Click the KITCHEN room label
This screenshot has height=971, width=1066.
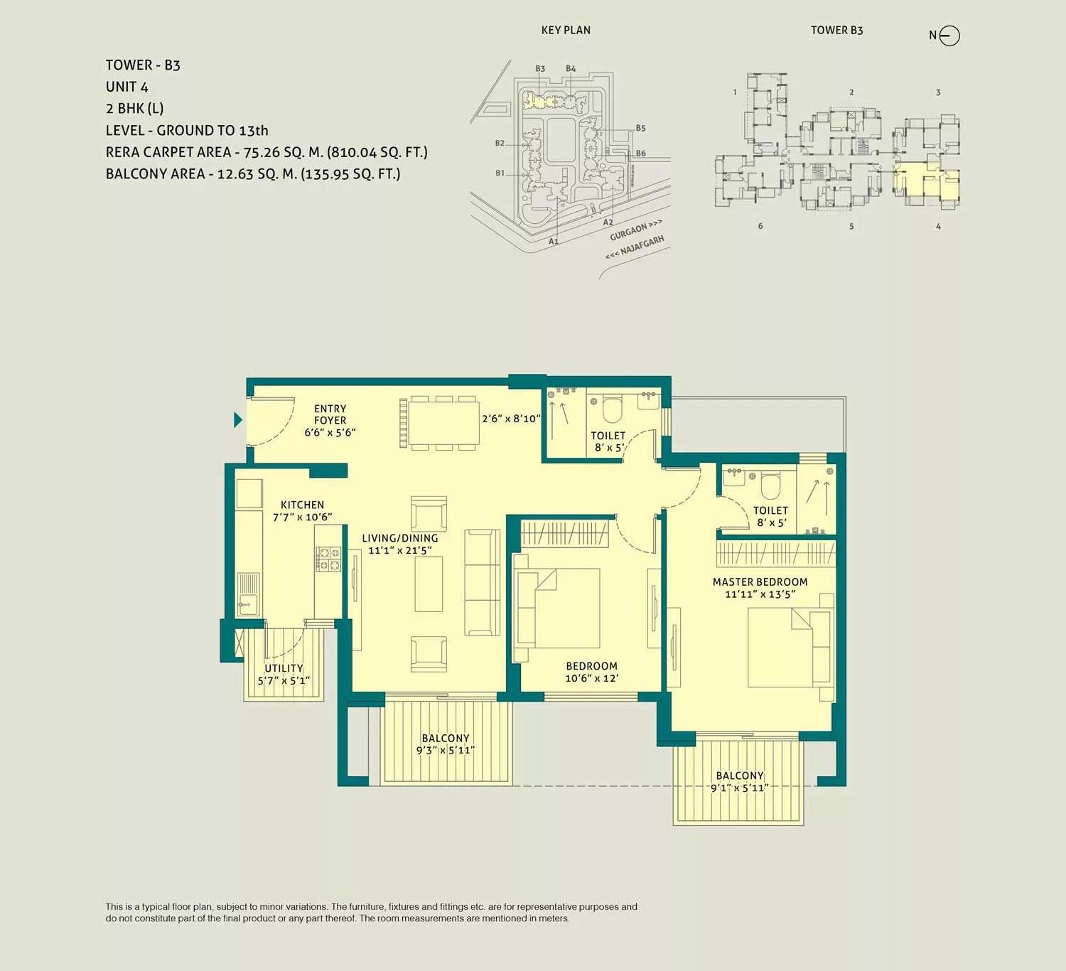click(x=302, y=505)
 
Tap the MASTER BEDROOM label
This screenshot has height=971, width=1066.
click(x=760, y=581)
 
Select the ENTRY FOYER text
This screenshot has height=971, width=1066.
click(x=330, y=414)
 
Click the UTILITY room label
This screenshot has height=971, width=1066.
click(x=284, y=668)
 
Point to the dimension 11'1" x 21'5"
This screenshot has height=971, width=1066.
click(x=399, y=550)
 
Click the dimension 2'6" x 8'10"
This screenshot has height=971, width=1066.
click(x=511, y=419)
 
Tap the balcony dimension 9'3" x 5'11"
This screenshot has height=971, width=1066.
click(x=445, y=750)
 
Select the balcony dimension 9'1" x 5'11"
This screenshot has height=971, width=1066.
click(x=739, y=788)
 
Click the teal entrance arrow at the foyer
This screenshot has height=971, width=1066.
click(x=238, y=420)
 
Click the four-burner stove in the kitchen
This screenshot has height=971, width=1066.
click(x=328, y=559)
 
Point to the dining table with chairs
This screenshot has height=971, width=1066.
click(x=438, y=423)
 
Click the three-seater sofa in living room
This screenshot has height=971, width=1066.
click(x=482, y=582)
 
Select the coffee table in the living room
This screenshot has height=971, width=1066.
click(x=429, y=584)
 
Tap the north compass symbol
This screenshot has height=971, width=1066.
click(x=949, y=36)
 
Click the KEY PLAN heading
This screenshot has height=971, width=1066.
click(x=566, y=30)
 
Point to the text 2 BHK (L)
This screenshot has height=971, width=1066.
click(x=134, y=109)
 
